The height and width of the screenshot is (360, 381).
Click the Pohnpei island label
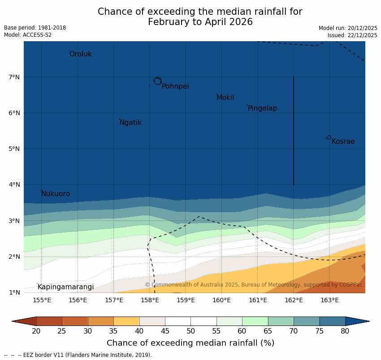tap(175, 86)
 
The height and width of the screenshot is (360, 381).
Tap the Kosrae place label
tap(343, 141)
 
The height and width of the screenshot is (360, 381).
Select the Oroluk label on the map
tap(80, 54)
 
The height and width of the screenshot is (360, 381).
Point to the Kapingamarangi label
tap(65, 287)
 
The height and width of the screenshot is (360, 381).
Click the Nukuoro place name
tap(55, 194)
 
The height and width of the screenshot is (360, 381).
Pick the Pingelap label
tap(262, 108)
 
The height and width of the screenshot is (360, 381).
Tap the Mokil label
tap(225, 98)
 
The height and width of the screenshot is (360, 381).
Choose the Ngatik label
tap(130, 123)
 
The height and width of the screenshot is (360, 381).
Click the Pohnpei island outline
tap(157, 81)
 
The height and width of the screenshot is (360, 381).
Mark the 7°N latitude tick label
tap(14, 77)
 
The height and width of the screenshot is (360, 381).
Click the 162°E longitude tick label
tap(294, 300)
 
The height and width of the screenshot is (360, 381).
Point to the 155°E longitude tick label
tap(42, 300)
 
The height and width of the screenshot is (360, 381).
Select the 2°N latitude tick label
tap(14, 257)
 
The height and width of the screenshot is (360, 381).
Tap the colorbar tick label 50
tap(190, 331)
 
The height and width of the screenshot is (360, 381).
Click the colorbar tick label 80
tap(345, 331)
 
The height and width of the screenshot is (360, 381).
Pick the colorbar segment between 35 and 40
tap(126, 321)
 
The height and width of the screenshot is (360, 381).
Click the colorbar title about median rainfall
tap(190, 343)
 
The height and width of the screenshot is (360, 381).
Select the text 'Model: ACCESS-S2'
tap(28, 35)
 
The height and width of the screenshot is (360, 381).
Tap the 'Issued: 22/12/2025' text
tap(352, 35)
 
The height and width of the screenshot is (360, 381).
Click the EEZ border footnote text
tap(78, 355)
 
